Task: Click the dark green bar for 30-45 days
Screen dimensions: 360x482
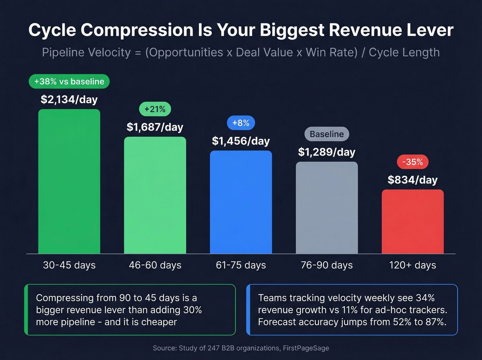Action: (69, 182)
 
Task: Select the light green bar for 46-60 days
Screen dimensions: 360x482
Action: (155, 195)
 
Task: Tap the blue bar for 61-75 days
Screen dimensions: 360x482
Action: (241, 202)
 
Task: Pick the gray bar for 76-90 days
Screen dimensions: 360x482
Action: (327, 208)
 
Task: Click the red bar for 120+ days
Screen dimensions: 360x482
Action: (412, 222)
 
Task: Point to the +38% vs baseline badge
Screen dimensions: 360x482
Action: (69, 82)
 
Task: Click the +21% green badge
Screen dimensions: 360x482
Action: (155, 109)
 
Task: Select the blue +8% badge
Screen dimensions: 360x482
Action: (241, 123)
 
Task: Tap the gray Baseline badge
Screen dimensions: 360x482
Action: (327, 134)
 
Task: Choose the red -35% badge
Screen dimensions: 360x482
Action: (412, 162)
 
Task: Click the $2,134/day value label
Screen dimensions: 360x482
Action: (69, 100)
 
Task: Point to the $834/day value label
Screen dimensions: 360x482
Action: (412, 180)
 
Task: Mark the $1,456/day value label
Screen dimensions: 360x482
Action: (241, 141)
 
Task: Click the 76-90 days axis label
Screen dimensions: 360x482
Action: (327, 265)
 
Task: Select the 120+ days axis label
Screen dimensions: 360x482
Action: (412, 265)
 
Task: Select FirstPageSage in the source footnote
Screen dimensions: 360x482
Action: (306, 348)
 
